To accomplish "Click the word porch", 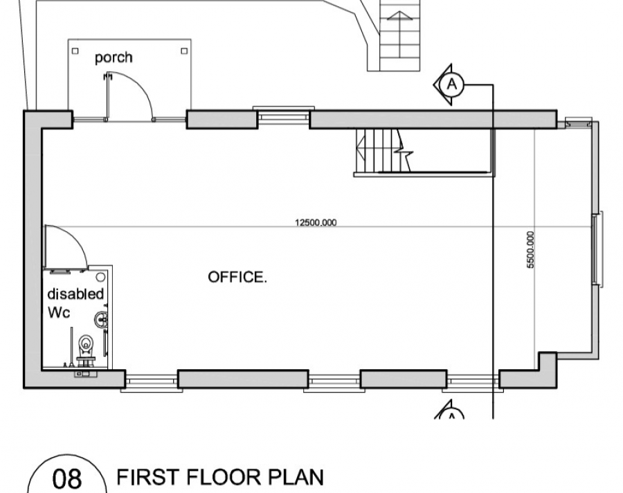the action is pos(114,58).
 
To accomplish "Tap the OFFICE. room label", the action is pos(237,277).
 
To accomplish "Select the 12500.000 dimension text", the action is pos(316,222).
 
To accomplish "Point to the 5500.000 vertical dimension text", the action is pos(530,250).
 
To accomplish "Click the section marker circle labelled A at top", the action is pos(452,84).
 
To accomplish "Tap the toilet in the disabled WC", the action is pos(86,348).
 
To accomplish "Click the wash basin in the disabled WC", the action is pos(101,319).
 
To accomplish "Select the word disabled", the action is pos(75,294).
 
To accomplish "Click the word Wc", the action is pos(59,312).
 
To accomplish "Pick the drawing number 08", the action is pos(66,478).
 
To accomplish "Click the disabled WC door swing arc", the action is pos(75,235).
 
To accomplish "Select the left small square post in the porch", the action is pos(75,51).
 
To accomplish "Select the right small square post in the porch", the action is pos(184,51).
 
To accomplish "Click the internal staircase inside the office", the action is pos(383,151).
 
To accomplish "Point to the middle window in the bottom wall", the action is pos(334,382).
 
